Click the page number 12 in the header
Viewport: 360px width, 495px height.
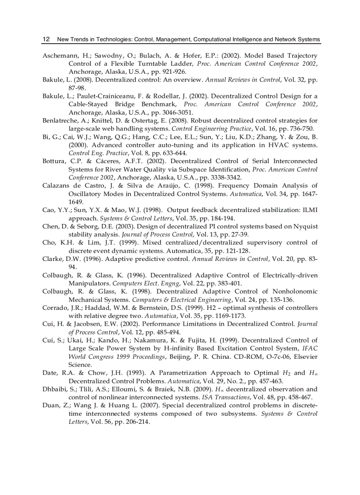point(45,39)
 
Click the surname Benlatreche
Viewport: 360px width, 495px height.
point(62,120)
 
